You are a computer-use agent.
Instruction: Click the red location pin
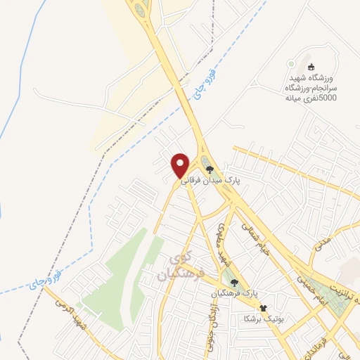pyautogui.click(x=180, y=165)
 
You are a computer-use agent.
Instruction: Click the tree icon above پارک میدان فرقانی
pyautogui.click(x=209, y=168)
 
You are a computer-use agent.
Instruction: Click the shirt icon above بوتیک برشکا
pyautogui.click(x=264, y=308)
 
